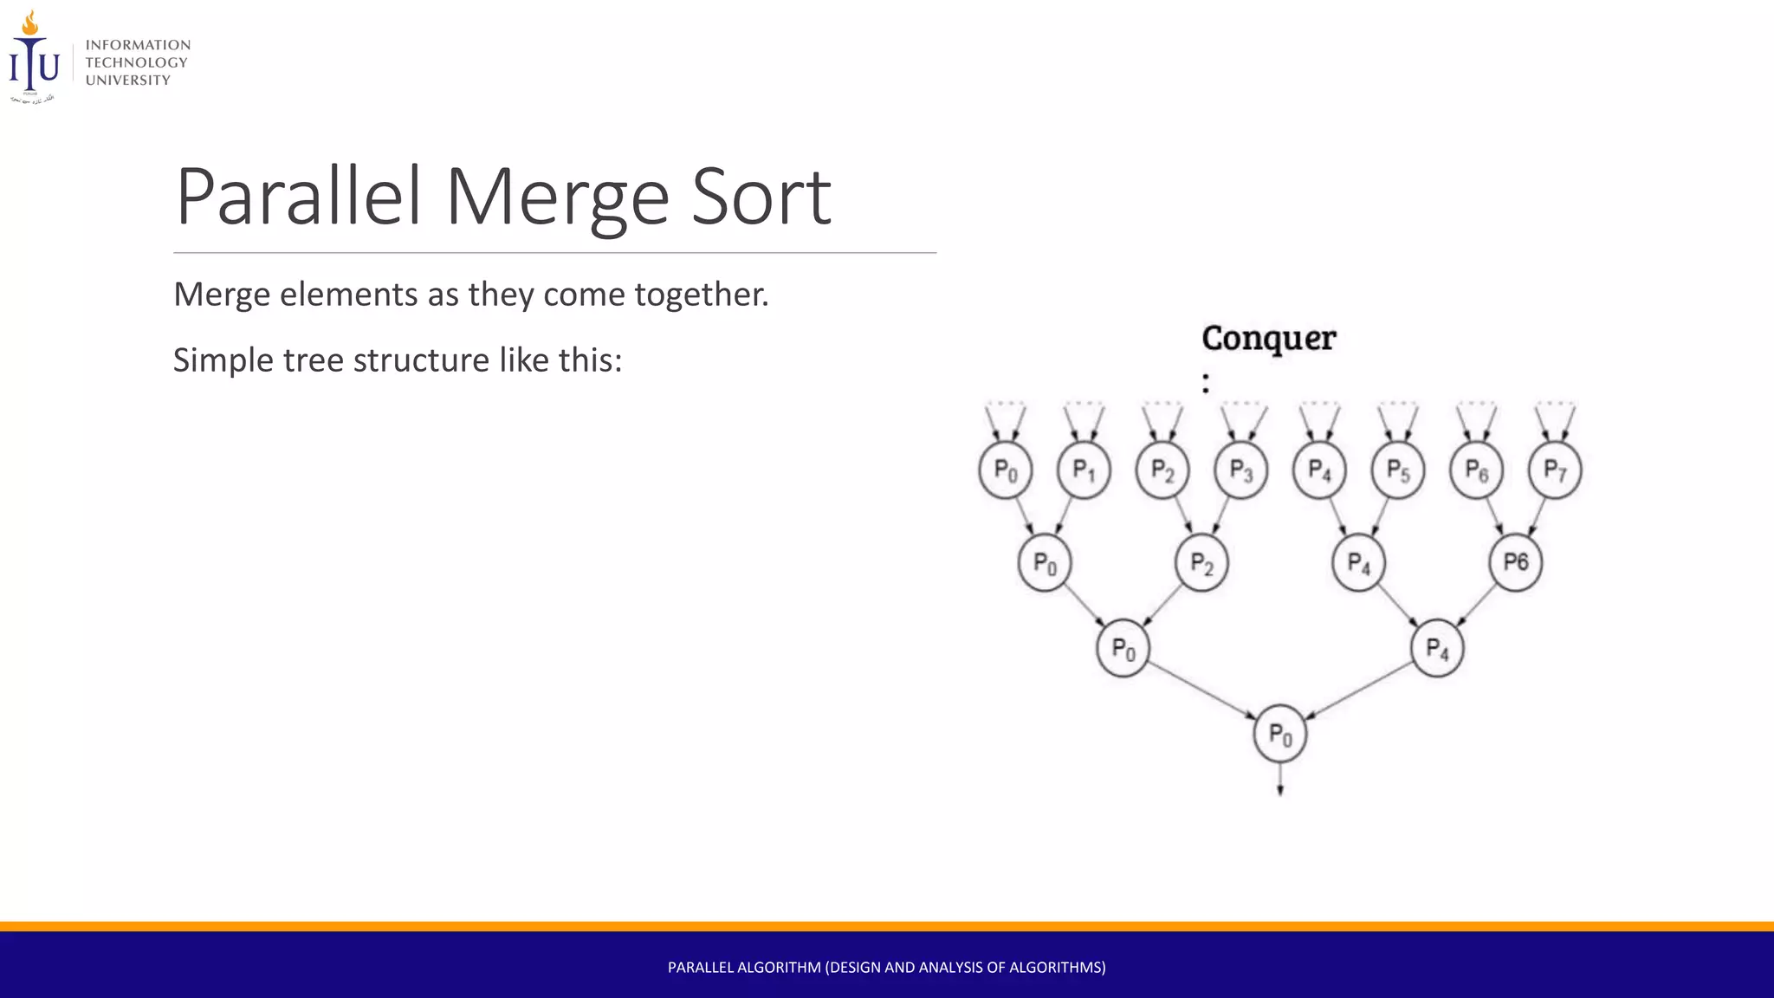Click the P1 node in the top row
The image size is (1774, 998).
pyautogui.click(x=1084, y=470)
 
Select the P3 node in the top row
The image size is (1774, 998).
pyautogui.click(x=1240, y=470)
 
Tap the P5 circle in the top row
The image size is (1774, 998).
pyautogui.click(x=1397, y=470)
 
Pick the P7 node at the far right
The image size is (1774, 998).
pyautogui.click(x=1555, y=470)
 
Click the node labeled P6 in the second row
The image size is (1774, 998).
pyautogui.click(x=1515, y=563)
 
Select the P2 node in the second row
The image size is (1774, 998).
pyautogui.click(x=1201, y=563)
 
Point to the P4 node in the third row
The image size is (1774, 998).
pyautogui.click(x=1437, y=648)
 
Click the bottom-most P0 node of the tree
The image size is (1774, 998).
pyautogui.click(x=1280, y=735)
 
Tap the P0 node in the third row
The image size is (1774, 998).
pyautogui.click(x=1123, y=648)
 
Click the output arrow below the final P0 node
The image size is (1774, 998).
pyautogui.click(x=1280, y=780)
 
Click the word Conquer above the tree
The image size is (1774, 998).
pyautogui.click(x=1268, y=339)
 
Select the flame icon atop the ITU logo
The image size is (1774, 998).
pyautogui.click(x=30, y=23)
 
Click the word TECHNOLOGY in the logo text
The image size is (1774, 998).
pyautogui.click(x=136, y=62)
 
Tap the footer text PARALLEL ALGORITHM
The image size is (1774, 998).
pyautogui.click(x=744, y=967)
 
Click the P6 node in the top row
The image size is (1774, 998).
pyautogui.click(x=1476, y=470)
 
